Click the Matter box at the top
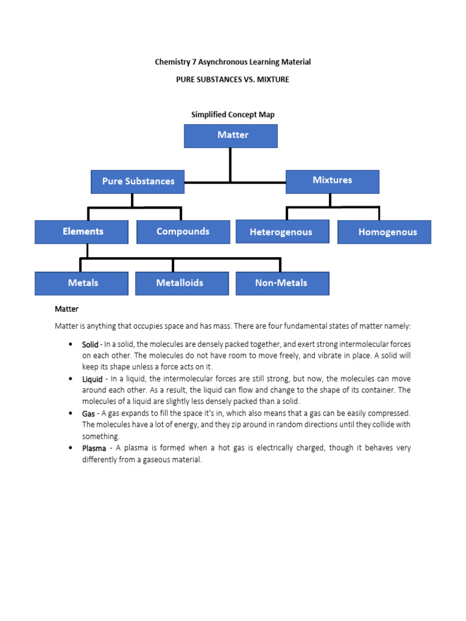coord(231,136)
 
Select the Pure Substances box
coord(138,181)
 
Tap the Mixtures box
coord(332,181)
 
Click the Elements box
coord(82,232)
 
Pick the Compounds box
coord(183,232)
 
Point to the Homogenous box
coord(384,232)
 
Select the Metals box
coord(82,283)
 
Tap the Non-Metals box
coord(282,283)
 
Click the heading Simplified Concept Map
coord(233,115)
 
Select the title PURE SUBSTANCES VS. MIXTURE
coord(233,79)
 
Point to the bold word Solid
coord(92,344)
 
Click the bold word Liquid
coord(93,379)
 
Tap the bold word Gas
coord(89,414)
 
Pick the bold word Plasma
coord(94,448)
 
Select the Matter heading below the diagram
coord(67,309)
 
